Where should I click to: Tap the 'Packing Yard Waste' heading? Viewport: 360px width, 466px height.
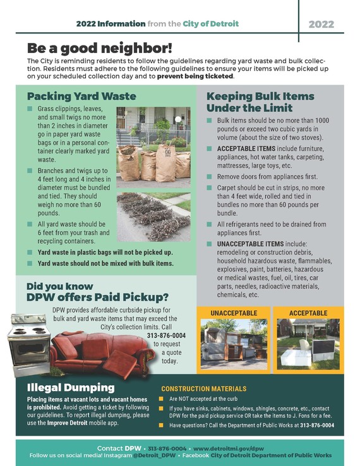[x=81, y=97]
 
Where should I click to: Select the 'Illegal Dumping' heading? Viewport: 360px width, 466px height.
[x=70, y=387]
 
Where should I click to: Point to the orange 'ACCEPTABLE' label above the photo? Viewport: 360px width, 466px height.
[x=308, y=313]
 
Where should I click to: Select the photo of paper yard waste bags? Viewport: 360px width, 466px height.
[x=153, y=146]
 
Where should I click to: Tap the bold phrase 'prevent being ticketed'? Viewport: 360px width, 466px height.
[x=195, y=76]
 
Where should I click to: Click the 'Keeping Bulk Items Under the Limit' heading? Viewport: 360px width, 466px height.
[x=260, y=102]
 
